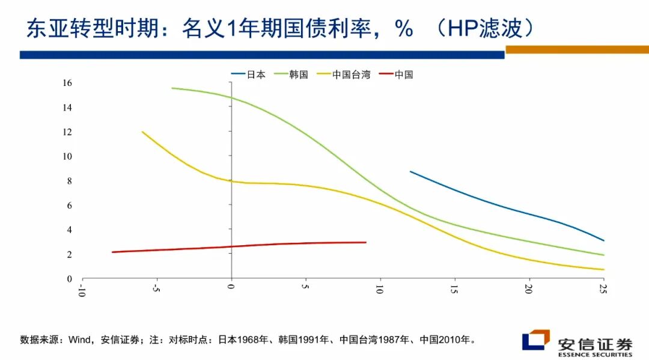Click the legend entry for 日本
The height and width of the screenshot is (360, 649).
pos(248,75)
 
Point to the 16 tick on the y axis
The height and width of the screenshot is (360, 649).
pos(67,83)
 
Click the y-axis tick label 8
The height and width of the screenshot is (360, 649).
pos(69,181)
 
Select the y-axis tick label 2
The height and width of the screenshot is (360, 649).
pos(69,254)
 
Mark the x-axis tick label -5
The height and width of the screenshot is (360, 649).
pos(156,289)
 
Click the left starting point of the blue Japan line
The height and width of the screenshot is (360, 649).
pos(410,171)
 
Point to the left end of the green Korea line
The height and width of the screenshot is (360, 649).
pos(172,88)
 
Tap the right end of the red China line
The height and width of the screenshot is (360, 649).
pos(365,242)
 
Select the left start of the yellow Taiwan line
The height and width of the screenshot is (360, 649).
pos(142,132)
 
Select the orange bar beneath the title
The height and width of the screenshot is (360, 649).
pos(577,50)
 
